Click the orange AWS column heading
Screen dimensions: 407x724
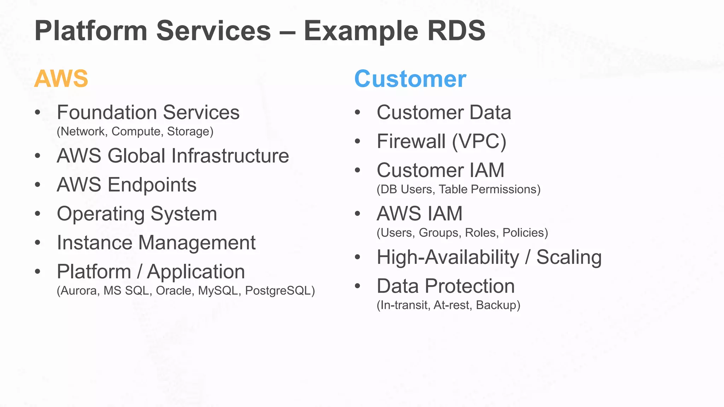(x=61, y=78)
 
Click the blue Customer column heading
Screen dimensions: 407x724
(x=410, y=79)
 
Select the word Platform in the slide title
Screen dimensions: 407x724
(x=91, y=31)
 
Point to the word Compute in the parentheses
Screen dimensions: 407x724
(x=136, y=131)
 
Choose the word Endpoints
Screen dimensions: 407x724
(x=152, y=185)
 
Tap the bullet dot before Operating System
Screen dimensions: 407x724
(x=38, y=214)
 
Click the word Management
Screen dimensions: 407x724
(x=197, y=243)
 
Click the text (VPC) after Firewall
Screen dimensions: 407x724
(x=479, y=141)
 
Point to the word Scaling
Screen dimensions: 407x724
(x=569, y=257)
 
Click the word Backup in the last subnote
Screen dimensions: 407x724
(x=496, y=305)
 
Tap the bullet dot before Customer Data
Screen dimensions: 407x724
(x=357, y=112)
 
